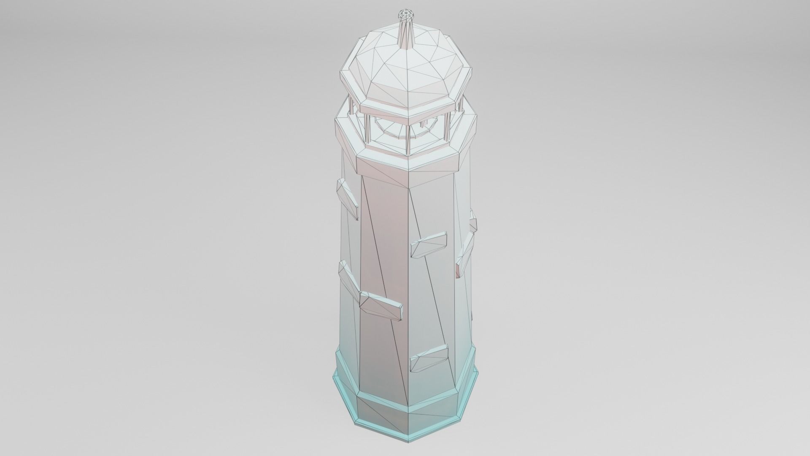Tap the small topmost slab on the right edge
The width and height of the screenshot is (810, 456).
[x=473, y=220]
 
